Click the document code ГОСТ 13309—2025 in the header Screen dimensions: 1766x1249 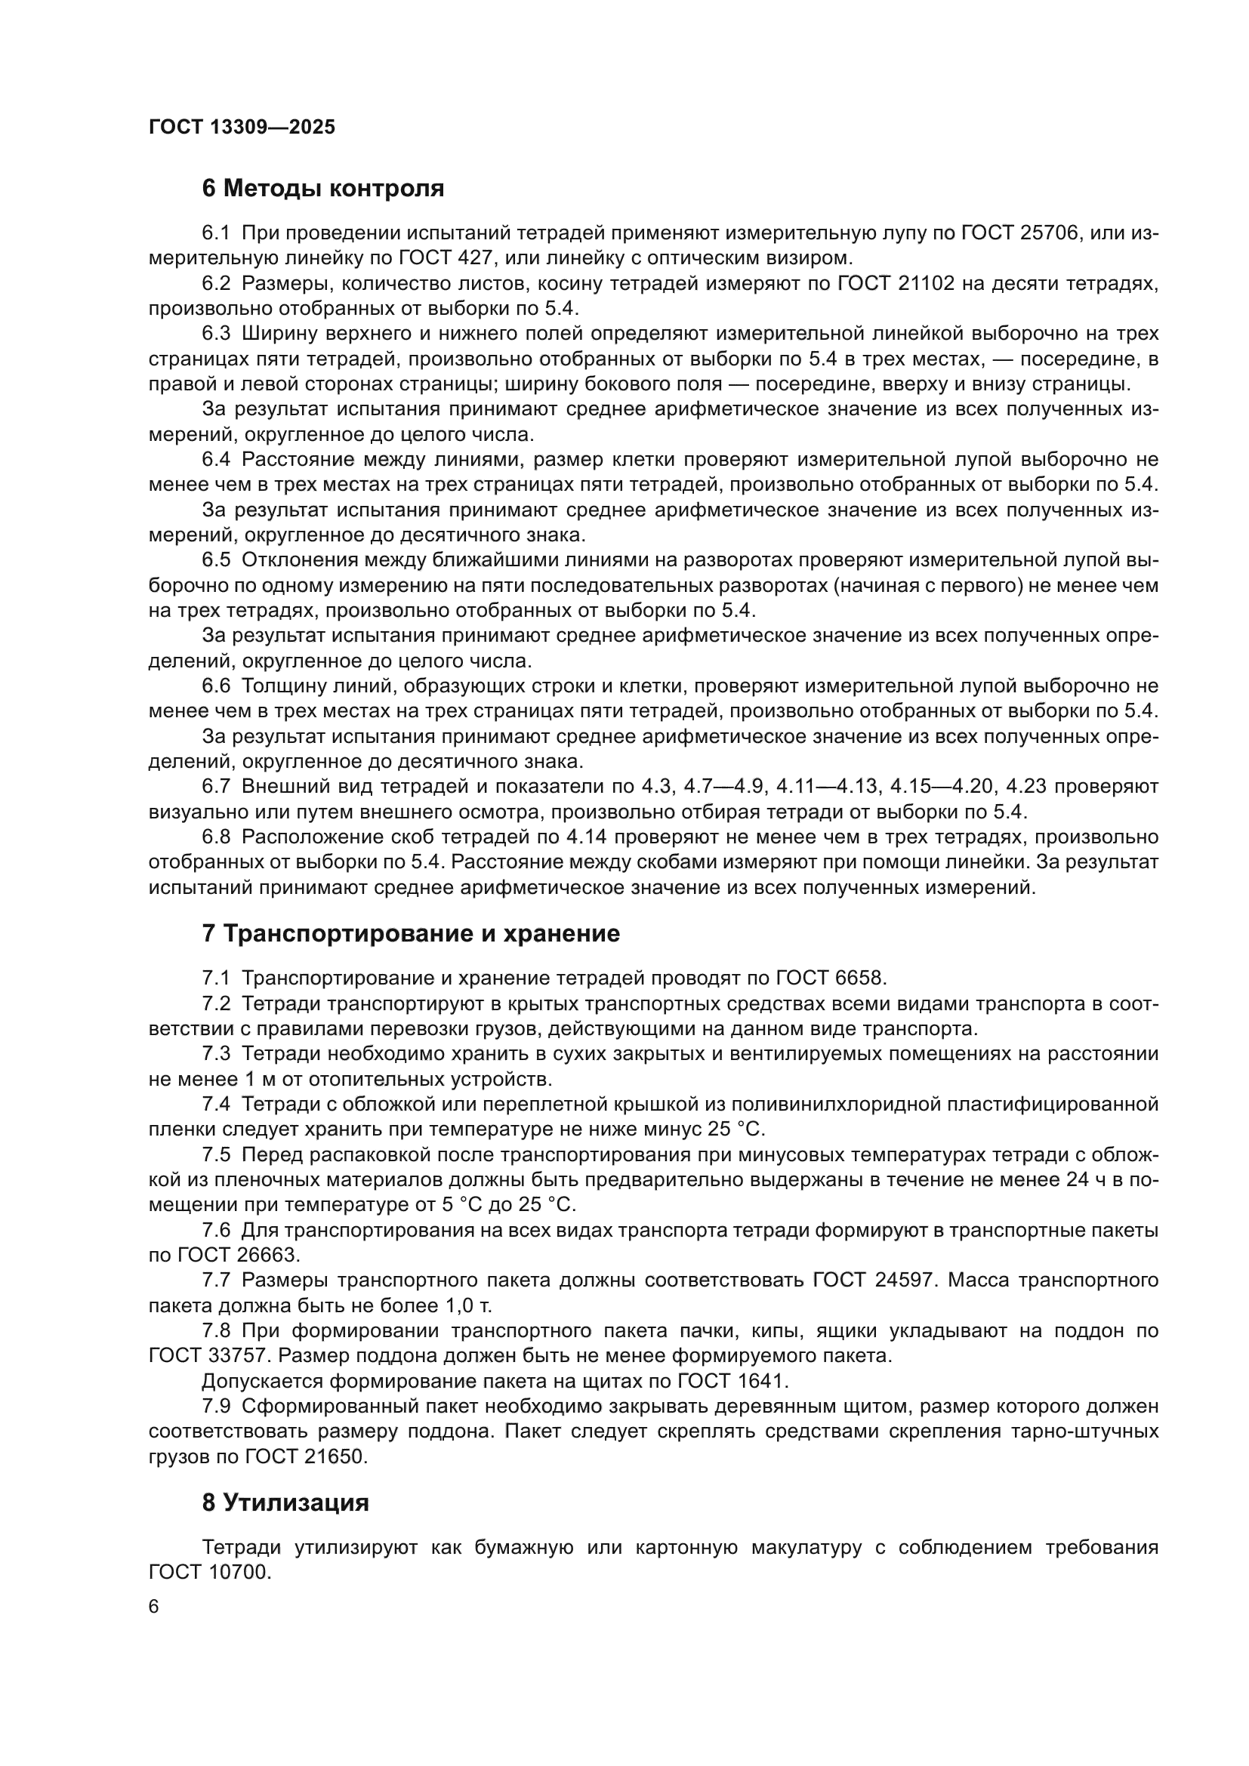coord(242,127)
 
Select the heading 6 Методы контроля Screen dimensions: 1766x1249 coord(323,189)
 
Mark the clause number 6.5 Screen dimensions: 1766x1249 coord(216,561)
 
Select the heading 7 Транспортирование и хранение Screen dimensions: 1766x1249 coord(411,934)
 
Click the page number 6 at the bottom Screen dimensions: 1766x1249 coord(154,1607)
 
